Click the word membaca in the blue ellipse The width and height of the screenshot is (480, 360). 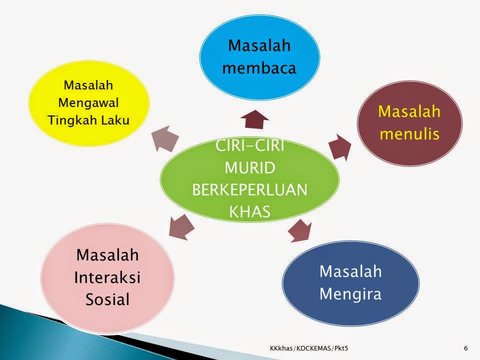(259, 68)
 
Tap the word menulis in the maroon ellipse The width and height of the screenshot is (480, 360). (409, 134)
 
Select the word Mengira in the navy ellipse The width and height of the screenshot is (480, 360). (350, 294)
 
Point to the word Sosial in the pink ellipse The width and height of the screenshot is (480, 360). (107, 299)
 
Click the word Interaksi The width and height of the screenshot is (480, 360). (107, 277)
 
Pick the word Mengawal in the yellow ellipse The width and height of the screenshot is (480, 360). (88, 103)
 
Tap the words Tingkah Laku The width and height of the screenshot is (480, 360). (88, 120)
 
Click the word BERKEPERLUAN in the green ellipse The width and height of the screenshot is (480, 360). (250, 189)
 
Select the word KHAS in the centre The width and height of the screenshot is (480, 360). (250, 211)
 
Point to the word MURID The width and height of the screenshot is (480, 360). (250, 168)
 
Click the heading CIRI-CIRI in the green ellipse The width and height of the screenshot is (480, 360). (250, 145)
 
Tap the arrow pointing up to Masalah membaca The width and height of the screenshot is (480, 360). (254, 119)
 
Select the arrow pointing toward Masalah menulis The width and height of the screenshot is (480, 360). (339, 147)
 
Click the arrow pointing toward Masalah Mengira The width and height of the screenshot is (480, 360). (300, 230)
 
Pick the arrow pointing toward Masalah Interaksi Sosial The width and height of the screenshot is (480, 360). (181, 227)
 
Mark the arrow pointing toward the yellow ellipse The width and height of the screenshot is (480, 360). (165, 138)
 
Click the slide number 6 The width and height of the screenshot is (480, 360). (466, 348)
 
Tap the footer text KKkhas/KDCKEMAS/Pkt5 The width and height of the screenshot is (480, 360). (309, 348)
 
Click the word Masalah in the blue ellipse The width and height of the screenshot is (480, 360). (259, 45)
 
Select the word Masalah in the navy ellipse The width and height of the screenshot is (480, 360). (350, 271)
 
